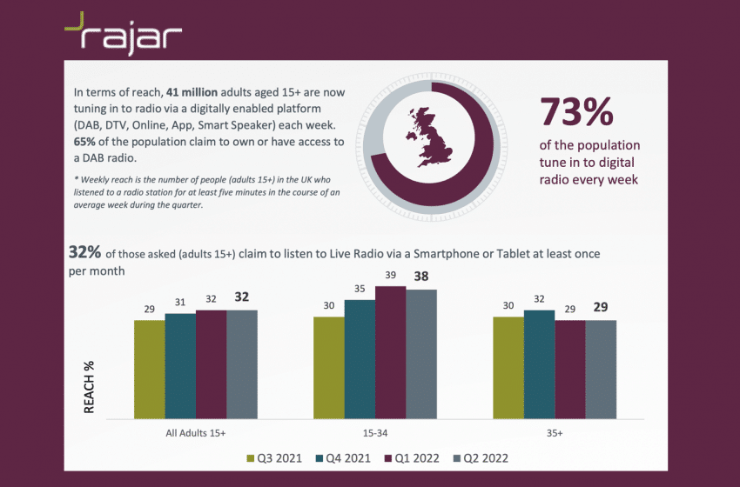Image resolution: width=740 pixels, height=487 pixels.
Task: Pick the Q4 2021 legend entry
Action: point(346,457)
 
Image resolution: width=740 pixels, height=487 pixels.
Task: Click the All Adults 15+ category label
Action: point(195,431)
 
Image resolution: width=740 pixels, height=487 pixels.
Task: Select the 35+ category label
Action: point(555,431)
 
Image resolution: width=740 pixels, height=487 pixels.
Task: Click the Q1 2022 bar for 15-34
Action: point(389,351)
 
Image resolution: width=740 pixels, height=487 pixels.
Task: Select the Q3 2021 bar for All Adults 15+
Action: point(149,369)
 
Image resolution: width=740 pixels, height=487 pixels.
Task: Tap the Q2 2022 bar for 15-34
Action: point(420,353)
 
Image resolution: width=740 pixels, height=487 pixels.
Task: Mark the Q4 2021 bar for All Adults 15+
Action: point(180,365)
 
